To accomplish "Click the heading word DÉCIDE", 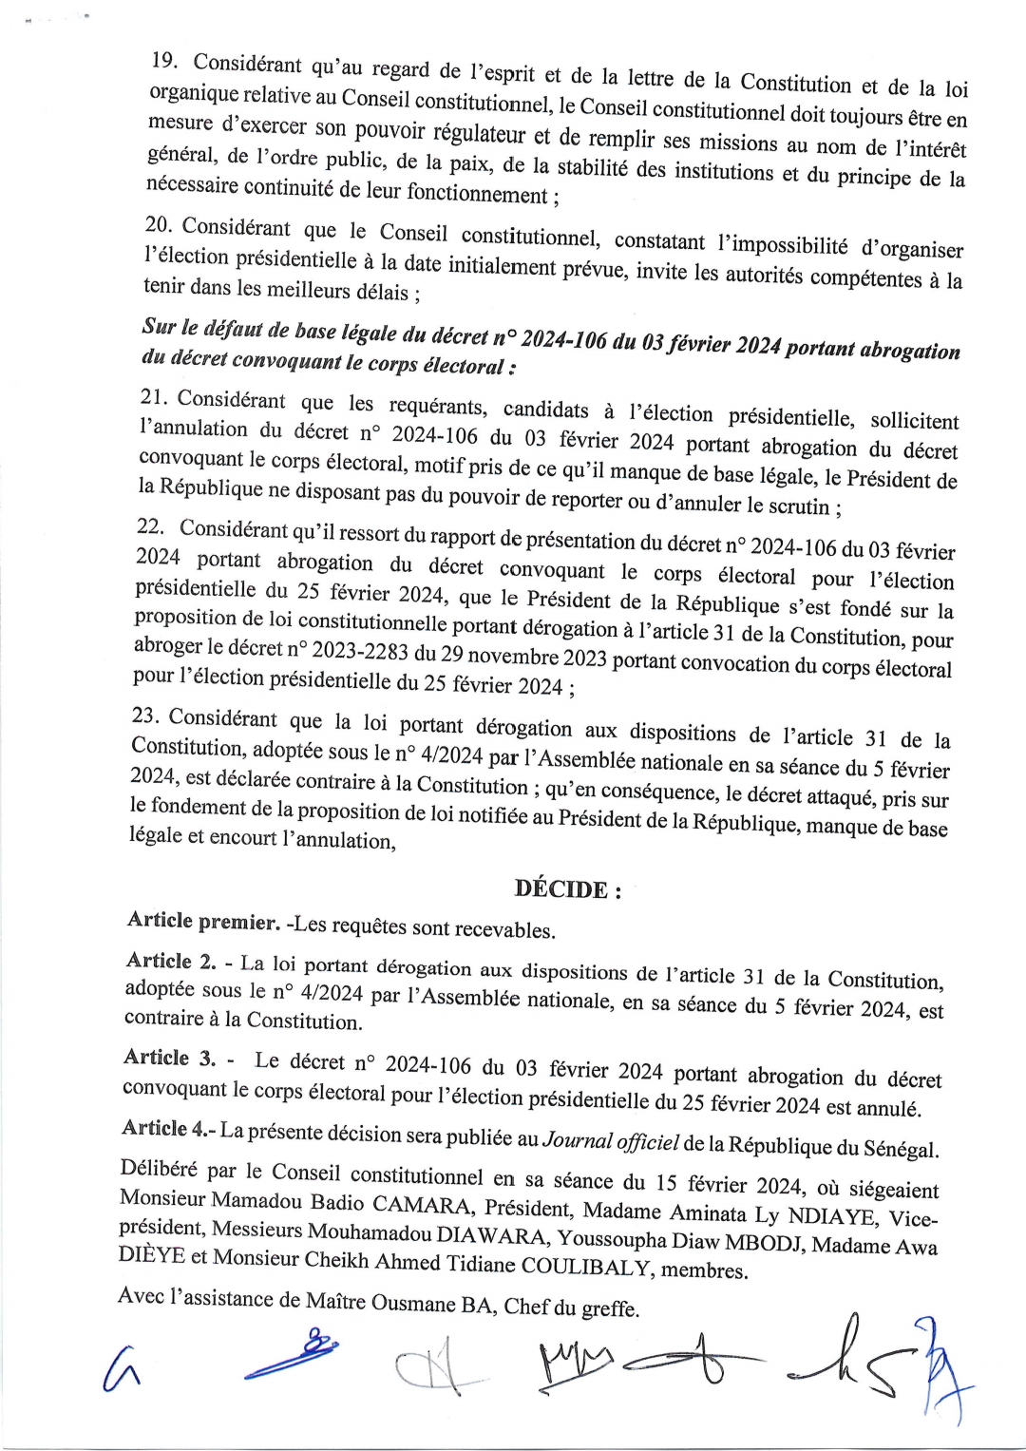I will tap(560, 889).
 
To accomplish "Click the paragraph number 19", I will tap(164, 61).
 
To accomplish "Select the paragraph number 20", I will tap(157, 225).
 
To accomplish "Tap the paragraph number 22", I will tap(149, 526).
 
